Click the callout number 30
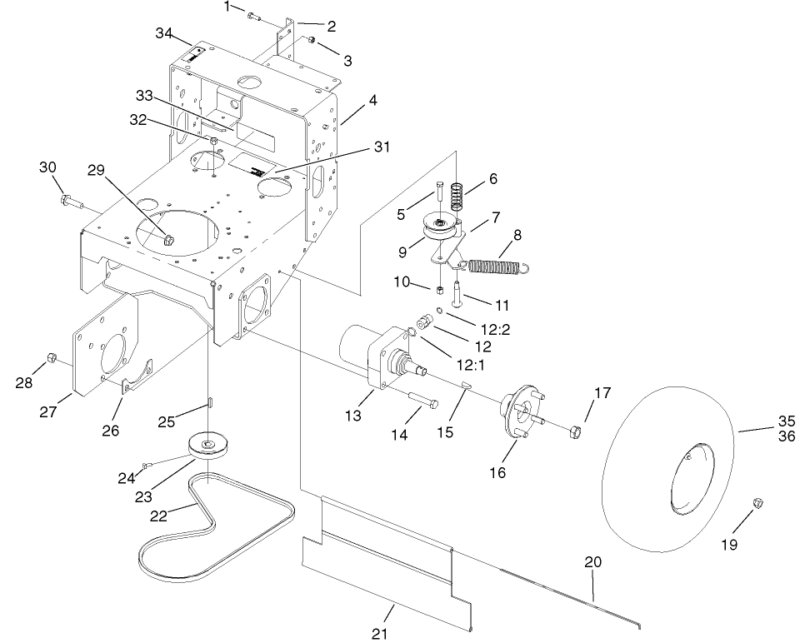47,167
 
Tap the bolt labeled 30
70,201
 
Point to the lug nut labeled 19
759,502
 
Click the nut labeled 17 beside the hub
574,431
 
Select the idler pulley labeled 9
438,227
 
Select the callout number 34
165,32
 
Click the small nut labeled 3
310,41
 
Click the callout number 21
380,633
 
